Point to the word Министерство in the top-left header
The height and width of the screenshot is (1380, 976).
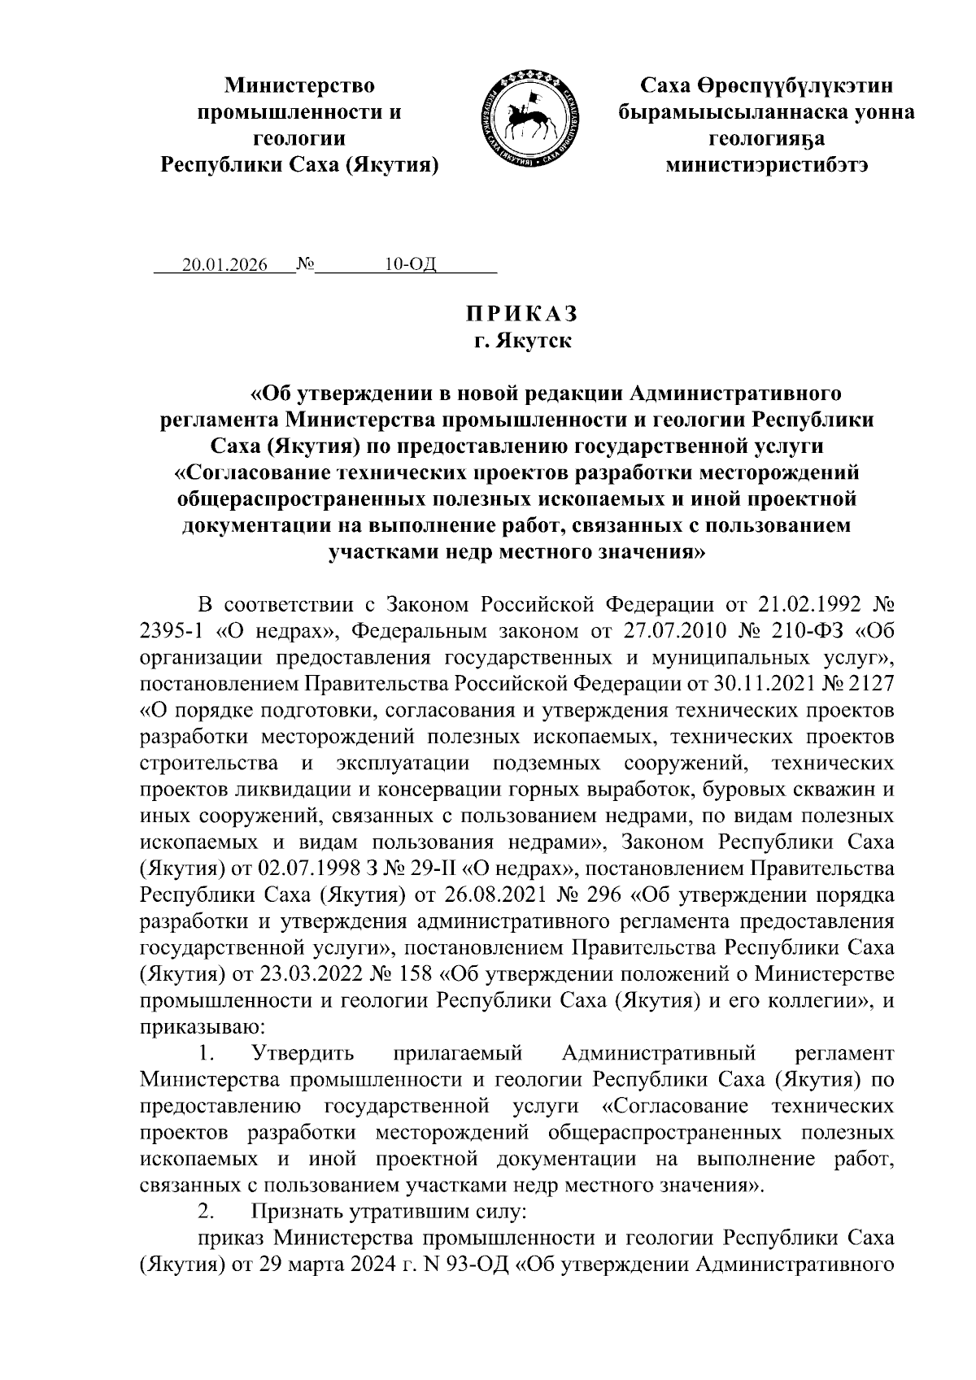(x=300, y=85)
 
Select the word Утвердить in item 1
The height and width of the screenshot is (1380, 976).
(x=303, y=1054)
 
